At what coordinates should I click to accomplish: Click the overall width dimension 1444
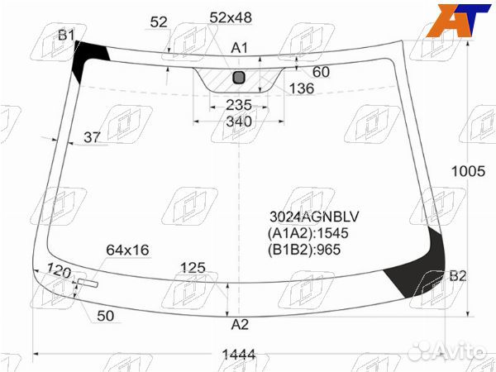tap(239, 355)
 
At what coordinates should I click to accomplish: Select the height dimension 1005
tap(468, 171)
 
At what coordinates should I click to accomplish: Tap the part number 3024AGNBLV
tap(314, 217)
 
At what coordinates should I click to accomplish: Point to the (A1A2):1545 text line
tap(308, 233)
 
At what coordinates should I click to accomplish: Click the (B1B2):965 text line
tap(304, 250)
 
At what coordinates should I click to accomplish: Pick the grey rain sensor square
tap(239, 78)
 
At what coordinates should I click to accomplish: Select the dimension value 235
tap(239, 105)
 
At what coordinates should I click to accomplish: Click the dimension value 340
tap(239, 122)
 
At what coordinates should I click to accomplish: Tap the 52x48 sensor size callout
tap(231, 17)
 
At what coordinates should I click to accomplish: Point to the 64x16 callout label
tap(127, 250)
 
